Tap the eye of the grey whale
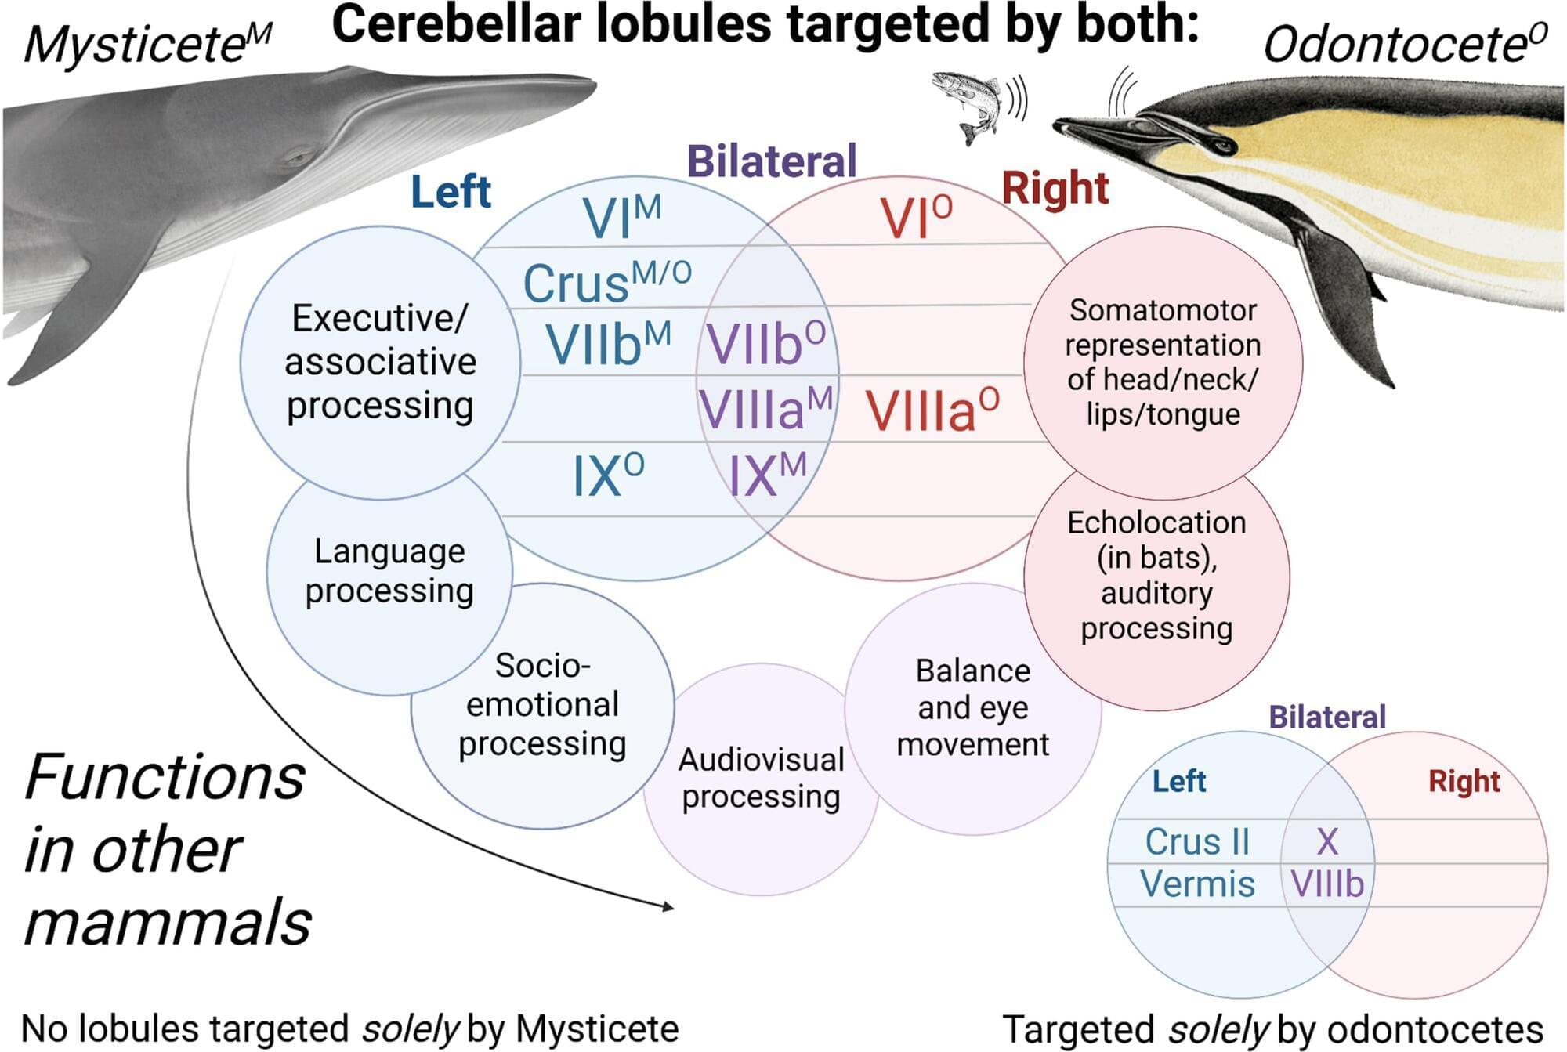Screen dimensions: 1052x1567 (297, 157)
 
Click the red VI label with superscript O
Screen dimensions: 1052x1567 (916, 217)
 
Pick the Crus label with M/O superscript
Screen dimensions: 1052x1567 (606, 281)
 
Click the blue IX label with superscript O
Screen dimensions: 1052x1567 (608, 475)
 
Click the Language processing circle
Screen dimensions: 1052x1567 (389, 572)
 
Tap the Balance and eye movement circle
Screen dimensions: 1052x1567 (972, 707)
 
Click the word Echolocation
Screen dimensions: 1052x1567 (1156, 522)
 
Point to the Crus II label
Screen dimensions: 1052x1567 (1196, 842)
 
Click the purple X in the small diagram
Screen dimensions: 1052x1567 (1326, 842)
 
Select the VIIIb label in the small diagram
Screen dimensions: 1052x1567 (1327, 884)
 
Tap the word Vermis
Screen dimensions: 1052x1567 (1197, 884)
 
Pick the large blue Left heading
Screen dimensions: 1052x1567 (451, 192)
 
